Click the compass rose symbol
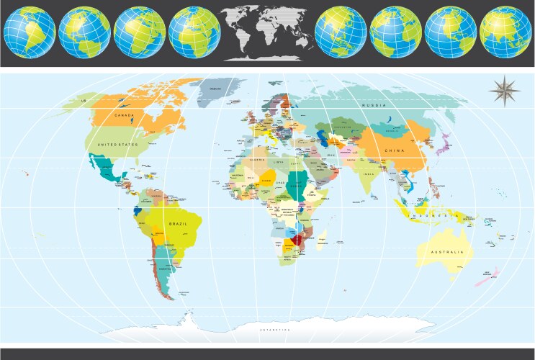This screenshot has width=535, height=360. coord(505,90)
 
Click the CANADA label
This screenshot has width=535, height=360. coord(125,115)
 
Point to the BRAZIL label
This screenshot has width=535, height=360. coord(178,224)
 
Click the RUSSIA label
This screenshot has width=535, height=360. coord(374,106)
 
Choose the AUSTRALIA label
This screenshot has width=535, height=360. coord(446,253)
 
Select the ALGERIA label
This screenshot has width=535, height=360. coord(258,161)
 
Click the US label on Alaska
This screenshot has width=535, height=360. coord(84,100)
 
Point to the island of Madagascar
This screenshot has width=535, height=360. coord(323,237)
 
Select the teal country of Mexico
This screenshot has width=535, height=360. coord(108,171)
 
